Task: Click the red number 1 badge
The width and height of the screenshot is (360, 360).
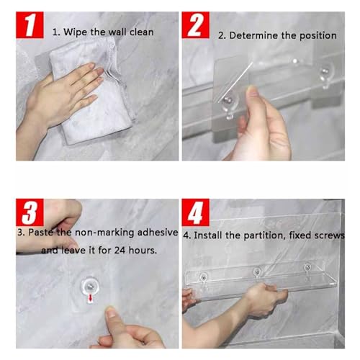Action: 30,25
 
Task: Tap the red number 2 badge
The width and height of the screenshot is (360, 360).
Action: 196,25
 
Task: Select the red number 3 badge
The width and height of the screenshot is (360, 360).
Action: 30,212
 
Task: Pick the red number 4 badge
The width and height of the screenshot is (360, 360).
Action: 196,212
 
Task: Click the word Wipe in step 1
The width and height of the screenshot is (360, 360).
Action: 75,32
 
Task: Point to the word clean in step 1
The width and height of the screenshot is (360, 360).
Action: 141,32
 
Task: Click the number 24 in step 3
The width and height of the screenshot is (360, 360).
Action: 120,251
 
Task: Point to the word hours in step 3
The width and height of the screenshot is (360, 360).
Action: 143,251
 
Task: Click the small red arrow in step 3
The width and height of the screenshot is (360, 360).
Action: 91,298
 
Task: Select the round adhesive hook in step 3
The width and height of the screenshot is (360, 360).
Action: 90,287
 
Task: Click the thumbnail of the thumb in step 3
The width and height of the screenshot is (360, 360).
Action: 111,312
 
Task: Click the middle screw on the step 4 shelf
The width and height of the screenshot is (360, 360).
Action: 257,272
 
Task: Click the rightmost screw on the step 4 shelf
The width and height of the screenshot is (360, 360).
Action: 307,267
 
